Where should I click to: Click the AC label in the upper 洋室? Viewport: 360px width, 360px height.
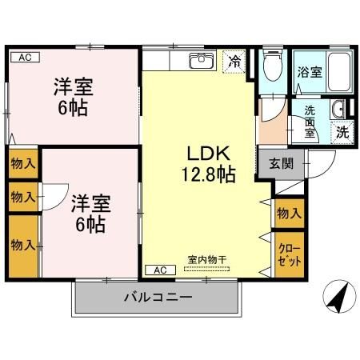point(24,58)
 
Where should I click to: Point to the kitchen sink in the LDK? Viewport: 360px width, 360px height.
point(201,61)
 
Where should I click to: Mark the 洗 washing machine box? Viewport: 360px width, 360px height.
point(342,132)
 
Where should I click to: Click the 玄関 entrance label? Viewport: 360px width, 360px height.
point(279,164)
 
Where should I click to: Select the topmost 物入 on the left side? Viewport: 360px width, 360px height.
point(22,164)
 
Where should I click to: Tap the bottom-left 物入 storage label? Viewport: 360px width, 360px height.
point(22,245)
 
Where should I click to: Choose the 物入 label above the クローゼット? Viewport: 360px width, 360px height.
point(289,213)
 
